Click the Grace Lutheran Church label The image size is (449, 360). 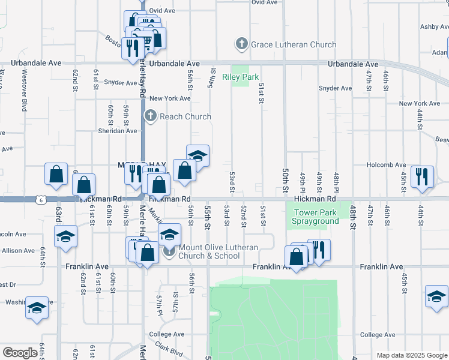pos(285,44)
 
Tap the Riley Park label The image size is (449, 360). pos(240,77)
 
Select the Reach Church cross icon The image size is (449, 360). pos(150,116)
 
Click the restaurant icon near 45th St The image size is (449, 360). pos(422,176)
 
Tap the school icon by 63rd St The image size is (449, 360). pos(66,235)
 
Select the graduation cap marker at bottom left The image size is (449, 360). pos(37,308)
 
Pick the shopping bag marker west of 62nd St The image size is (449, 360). pos(56,174)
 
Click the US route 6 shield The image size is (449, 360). pos(40,198)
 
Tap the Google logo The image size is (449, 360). pos(20,353)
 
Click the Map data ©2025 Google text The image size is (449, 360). pos(411,355)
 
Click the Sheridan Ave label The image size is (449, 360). pos(118,130)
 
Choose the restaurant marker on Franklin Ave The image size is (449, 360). pos(319,249)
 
